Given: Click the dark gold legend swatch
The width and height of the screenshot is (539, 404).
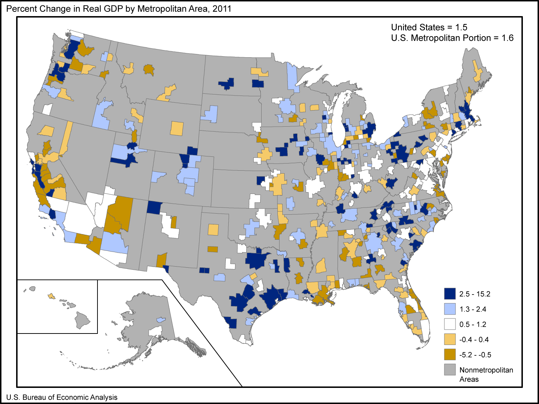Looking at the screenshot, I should pos(450,354).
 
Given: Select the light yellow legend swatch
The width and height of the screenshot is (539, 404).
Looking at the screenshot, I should pos(450,339).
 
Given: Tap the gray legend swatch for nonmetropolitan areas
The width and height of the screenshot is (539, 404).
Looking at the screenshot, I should pos(450,370).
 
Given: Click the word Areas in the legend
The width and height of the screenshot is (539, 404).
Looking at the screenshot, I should pos(469,379).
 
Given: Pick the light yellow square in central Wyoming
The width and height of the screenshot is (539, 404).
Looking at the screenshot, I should pos(177,128).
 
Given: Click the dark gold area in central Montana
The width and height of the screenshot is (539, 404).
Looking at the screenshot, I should pos(149,69).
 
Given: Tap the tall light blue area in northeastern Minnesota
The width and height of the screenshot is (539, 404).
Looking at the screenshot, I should pos(292,77).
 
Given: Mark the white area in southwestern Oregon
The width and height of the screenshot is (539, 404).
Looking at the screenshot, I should pos(47,109).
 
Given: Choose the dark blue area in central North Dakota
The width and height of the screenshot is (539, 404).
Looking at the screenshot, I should pos(227,84).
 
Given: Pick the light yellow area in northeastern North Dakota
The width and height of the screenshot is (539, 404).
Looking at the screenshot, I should pos(259,72).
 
